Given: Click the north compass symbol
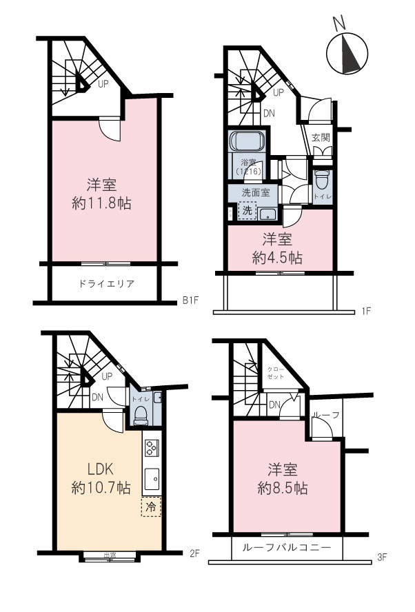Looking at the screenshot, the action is [347, 49].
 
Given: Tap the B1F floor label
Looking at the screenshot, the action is [190, 300].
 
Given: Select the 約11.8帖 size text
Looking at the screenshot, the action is [101, 204].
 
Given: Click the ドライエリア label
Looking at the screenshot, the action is [106, 284].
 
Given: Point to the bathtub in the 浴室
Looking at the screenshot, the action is [247, 142].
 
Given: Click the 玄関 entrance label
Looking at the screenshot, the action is [321, 137].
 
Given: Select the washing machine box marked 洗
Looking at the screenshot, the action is [247, 210].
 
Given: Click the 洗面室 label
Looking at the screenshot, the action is [256, 192].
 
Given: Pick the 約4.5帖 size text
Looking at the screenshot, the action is [277, 258].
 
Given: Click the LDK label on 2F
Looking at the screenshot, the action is [101, 469].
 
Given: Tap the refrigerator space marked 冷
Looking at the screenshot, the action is [151, 507].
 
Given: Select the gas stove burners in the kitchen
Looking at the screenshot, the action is [152, 448].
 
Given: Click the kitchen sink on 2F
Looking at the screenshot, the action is [152, 479].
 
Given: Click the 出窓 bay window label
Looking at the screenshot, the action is [110, 555].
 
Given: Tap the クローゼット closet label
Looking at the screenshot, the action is [275, 373].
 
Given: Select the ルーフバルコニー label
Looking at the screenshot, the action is [287, 547].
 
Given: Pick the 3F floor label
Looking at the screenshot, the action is [382, 558].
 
